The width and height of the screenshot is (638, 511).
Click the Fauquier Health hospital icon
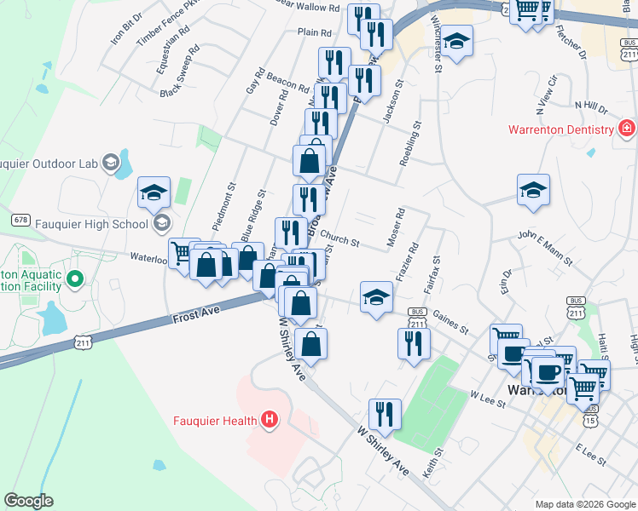coord(270,419)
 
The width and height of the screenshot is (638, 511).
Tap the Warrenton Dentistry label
coord(561,129)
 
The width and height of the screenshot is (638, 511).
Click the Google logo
coord(28,501)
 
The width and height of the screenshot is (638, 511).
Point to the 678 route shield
coord(21,219)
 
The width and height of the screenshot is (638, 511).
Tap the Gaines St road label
coord(451,322)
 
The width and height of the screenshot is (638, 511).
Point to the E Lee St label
coord(589,455)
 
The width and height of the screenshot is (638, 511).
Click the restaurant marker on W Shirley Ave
coord(385,415)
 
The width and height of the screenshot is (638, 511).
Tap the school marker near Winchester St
coord(457,41)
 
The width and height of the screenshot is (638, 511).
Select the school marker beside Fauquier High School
coord(154,192)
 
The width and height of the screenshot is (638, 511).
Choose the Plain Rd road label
coord(314,32)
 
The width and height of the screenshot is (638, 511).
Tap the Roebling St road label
coord(411,143)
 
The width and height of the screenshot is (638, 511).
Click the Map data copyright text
coord(584,504)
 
